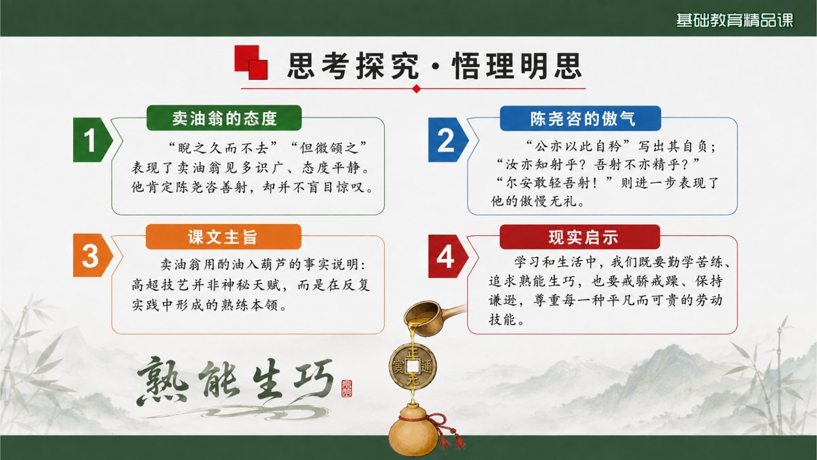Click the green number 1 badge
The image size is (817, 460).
click(x=93, y=140)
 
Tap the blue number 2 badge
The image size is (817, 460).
click(x=448, y=140)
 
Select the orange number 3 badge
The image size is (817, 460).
click(x=93, y=256)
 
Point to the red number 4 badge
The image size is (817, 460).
click(x=448, y=256)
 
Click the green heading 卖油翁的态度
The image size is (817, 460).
click(x=224, y=118)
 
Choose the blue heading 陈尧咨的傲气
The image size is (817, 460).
click(x=580, y=119)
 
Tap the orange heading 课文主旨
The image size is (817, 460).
click(x=223, y=237)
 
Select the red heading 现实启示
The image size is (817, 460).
click(x=580, y=237)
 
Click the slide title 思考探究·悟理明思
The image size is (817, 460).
click(x=434, y=66)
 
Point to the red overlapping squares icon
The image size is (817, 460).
click(x=251, y=62)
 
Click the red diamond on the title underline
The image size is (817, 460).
click(x=417, y=89)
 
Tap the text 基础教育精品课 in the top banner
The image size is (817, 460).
click(x=735, y=20)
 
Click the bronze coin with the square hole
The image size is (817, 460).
click(x=413, y=366)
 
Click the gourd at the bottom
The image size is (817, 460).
click(x=414, y=433)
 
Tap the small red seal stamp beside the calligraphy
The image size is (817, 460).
click(x=347, y=388)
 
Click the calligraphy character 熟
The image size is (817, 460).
click(x=162, y=382)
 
